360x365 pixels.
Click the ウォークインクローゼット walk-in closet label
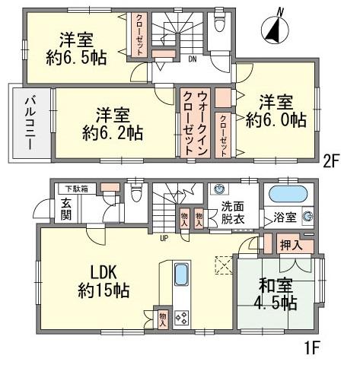tap(195, 123)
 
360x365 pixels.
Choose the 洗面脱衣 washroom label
tap(234, 211)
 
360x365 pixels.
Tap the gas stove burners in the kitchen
tap(183, 317)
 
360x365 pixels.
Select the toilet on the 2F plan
tap(220, 24)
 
